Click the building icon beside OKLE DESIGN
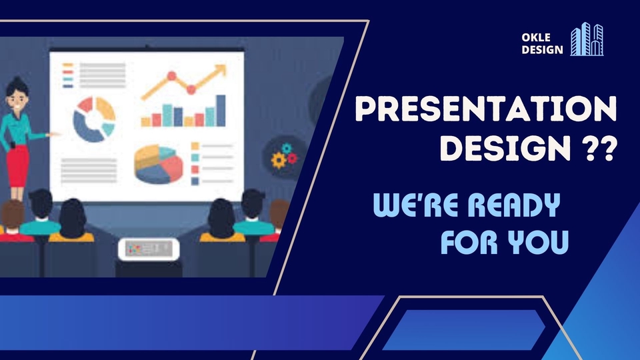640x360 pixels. [587, 39]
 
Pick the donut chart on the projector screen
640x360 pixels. [94, 119]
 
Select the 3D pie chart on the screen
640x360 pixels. [158, 163]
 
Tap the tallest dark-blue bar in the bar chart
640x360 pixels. [220, 111]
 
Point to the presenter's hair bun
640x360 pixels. [14, 81]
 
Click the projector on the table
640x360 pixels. [149, 248]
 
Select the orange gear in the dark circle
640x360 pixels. [278, 160]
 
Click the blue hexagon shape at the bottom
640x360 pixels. [463, 329]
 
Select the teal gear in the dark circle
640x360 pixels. [287, 148]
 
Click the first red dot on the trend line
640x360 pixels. [171, 75]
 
